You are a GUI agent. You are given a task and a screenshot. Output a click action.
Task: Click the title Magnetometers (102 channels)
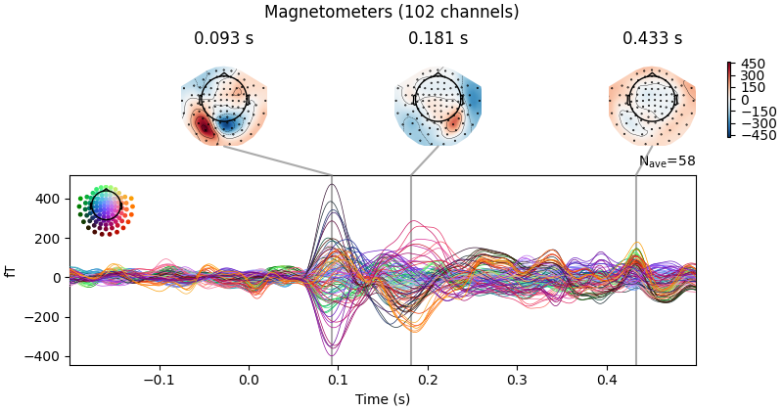click(x=391, y=13)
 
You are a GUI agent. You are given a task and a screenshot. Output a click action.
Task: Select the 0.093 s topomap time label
click(x=223, y=39)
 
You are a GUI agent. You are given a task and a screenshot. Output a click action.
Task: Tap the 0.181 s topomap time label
click(x=438, y=39)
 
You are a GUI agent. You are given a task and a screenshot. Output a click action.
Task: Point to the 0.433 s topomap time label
click(x=652, y=39)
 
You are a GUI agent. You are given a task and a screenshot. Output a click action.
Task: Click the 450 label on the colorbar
click(x=752, y=64)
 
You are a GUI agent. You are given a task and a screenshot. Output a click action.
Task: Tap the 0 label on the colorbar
click(x=745, y=100)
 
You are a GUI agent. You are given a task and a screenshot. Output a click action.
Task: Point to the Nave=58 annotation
click(x=667, y=161)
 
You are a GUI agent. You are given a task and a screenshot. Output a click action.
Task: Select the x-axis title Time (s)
click(x=383, y=398)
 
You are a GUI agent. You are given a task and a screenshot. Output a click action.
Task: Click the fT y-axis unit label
click(x=12, y=270)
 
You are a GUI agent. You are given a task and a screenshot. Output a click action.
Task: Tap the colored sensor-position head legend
click(x=105, y=205)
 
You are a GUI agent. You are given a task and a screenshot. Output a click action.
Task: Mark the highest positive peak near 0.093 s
click(x=332, y=185)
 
